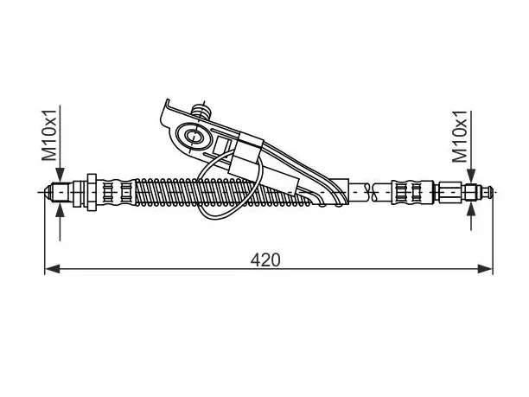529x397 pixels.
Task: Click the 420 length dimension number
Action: point(265,260)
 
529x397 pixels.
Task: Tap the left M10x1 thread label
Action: point(49,135)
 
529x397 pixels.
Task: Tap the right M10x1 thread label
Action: point(460,137)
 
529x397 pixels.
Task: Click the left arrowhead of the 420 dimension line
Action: point(52,269)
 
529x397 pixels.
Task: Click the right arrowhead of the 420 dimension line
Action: point(485,269)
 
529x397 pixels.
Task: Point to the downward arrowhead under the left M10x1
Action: point(60,176)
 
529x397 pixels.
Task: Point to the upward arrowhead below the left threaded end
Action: point(60,210)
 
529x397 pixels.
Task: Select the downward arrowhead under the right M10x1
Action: point(471,176)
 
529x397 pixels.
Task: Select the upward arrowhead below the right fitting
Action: point(471,211)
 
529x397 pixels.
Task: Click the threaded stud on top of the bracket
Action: point(201,111)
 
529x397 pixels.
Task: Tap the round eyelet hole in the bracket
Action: point(194,137)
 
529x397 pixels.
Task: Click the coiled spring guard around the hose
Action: point(223,192)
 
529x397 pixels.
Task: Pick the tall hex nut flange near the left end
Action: point(92,192)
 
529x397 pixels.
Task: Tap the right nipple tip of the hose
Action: point(488,193)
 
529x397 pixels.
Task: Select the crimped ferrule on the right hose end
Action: point(412,193)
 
